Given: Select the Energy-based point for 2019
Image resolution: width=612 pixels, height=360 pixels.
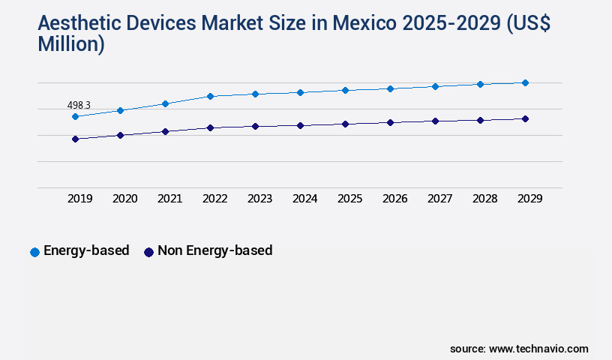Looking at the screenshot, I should pos(75,116).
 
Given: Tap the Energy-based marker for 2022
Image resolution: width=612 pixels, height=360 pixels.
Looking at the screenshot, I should pos(210,96).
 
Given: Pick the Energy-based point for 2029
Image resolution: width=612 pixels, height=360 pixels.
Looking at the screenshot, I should pos(525,82).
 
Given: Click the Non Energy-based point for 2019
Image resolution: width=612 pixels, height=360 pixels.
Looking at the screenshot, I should pos(75,139).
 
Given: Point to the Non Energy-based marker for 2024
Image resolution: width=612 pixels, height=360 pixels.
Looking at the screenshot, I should pos(300,125).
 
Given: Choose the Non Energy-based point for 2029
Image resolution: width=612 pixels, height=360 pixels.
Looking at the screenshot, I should pos(525,118).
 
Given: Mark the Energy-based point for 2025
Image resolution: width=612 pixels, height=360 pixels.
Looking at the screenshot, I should pos(345,90).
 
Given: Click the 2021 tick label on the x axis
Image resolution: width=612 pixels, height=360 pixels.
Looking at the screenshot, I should pos(169,199).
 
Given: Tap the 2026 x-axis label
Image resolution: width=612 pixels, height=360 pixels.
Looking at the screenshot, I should pos(394,199).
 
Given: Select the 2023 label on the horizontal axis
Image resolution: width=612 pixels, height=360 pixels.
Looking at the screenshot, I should pos(259,199).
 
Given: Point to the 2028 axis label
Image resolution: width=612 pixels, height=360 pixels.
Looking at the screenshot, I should pos(484,199).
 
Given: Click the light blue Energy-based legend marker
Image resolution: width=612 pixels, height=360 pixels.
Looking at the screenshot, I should pos(34,252).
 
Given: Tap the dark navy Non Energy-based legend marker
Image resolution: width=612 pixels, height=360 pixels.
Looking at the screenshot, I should pos(148,252).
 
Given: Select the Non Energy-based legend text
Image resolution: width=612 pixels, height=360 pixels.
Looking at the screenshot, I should pos(214,250).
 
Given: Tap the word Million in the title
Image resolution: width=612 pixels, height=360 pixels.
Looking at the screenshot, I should pos(70,44).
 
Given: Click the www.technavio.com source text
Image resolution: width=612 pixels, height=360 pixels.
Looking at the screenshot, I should pos(538,349).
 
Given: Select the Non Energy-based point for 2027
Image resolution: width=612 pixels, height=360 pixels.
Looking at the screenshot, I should pos(435,121).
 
